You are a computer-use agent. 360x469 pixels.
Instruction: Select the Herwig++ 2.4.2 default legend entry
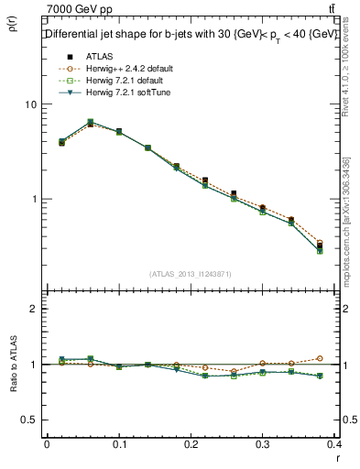click(x=119, y=69)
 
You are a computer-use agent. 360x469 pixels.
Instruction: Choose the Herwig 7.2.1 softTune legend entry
click(x=118, y=93)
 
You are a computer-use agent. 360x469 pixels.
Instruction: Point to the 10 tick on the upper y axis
click(x=29, y=104)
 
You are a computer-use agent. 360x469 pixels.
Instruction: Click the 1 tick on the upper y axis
click(x=33, y=199)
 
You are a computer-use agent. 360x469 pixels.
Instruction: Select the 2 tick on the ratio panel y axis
click(x=33, y=309)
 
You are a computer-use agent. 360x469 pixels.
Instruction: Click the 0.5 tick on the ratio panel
click(x=29, y=420)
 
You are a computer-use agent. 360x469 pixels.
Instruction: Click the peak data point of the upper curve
click(x=90, y=122)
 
